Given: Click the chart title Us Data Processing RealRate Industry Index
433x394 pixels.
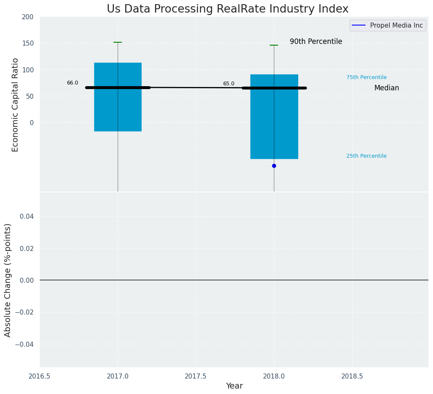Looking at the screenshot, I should [227, 9].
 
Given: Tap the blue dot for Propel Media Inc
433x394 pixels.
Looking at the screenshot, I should [274, 166].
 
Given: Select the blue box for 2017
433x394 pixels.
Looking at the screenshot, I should [118, 109].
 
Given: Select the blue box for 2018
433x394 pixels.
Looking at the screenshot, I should [274, 125].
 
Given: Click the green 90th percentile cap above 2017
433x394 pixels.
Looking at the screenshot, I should [118, 42].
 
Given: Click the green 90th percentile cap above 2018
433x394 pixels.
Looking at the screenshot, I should [274, 45].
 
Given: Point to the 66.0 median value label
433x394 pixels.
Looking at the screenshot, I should [72, 83].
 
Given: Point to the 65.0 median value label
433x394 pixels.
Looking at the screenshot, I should [229, 84].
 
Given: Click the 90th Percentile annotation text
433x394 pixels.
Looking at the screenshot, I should [316, 42].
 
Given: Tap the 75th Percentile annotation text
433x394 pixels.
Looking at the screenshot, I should [366, 77].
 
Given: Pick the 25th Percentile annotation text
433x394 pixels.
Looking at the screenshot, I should [366, 156].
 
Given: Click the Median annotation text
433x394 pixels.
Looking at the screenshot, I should [387, 88].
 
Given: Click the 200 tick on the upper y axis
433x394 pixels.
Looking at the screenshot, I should [28, 17].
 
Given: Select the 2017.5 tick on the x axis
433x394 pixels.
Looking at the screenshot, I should [196, 376].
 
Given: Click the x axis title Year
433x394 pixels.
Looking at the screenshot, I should [234, 386].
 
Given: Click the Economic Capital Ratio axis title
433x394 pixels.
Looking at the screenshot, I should [15, 105].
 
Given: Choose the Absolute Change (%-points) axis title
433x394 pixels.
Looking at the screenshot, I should [8, 280].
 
